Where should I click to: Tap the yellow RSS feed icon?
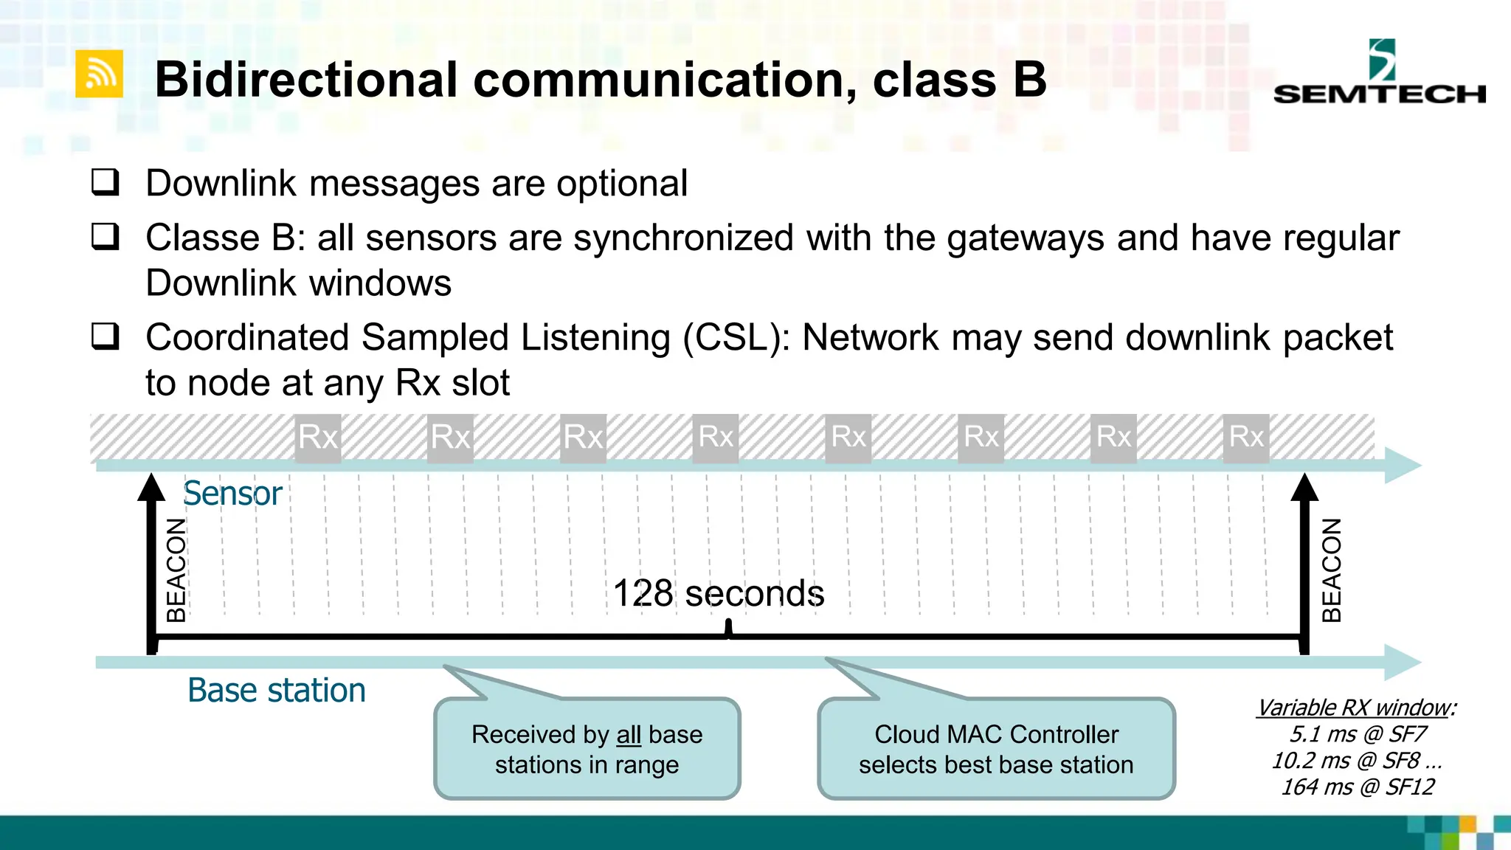(x=99, y=75)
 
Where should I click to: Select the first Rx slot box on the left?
(x=318, y=438)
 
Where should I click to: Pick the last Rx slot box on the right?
(x=1246, y=438)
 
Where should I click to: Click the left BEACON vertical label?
(x=176, y=570)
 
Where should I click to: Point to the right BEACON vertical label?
(x=1331, y=570)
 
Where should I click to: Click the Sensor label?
(x=232, y=493)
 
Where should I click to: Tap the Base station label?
(x=276, y=691)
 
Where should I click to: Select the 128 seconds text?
(x=718, y=593)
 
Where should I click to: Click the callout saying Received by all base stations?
(x=587, y=749)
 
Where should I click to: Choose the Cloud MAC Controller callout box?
(x=996, y=749)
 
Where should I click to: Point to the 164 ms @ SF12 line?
(x=1358, y=787)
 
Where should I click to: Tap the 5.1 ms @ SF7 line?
(x=1358, y=734)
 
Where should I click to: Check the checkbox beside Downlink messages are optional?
(x=105, y=182)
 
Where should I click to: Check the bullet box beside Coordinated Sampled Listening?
(x=105, y=336)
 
